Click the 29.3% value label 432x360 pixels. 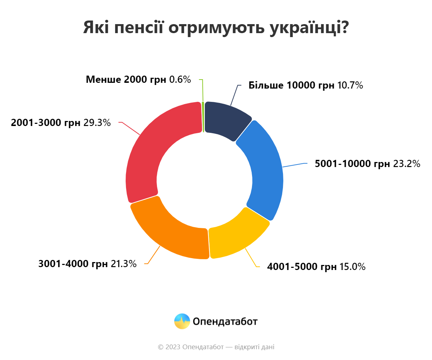[x=97, y=123]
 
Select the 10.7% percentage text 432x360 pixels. [x=350, y=86]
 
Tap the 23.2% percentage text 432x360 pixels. [x=406, y=164]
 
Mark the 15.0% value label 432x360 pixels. [x=352, y=267]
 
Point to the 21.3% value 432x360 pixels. [x=123, y=264]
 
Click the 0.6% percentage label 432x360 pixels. [x=180, y=80]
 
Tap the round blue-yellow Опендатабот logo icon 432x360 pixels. [x=182, y=321]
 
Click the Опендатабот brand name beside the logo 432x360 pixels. [x=225, y=321]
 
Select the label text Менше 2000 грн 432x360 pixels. [x=126, y=80]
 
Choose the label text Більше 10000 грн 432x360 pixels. [x=292, y=86]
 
